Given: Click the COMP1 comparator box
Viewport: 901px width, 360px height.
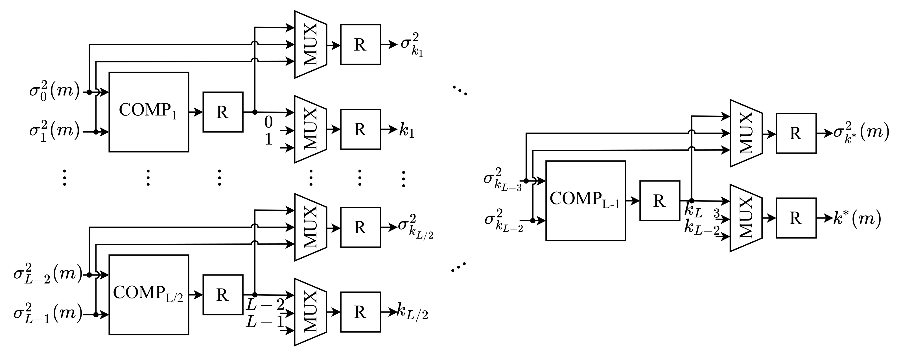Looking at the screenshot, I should click(149, 112).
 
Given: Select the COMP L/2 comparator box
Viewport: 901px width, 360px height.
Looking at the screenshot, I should click(149, 294).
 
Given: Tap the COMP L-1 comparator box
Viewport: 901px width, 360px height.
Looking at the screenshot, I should click(585, 200).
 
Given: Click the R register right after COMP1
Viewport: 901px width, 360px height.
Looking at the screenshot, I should click(223, 112).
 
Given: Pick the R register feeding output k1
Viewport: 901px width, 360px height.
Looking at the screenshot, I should click(360, 129).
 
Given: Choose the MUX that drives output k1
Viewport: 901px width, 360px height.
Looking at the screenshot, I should click(310, 129).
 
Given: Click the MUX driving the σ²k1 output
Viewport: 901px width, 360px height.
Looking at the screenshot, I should click(310, 44).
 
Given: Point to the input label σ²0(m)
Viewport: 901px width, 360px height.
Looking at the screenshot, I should click(54, 91).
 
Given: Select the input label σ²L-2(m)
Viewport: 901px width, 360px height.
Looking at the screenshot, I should click(47, 274).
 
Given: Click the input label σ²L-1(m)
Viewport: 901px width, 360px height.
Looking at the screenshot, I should click(47, 314).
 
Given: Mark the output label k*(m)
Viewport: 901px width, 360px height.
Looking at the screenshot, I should click(857, 219).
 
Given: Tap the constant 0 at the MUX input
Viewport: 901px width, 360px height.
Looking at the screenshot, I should click(268, 122).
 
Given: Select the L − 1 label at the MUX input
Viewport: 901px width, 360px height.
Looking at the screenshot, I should click(264, 322).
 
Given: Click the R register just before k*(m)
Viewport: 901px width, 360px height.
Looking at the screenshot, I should click(796, 218).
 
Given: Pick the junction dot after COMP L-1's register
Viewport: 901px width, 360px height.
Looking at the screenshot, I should click(691, 200).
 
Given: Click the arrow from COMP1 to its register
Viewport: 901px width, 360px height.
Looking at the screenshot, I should click(196, 112).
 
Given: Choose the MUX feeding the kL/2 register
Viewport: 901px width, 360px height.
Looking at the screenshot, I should click(310, 312).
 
